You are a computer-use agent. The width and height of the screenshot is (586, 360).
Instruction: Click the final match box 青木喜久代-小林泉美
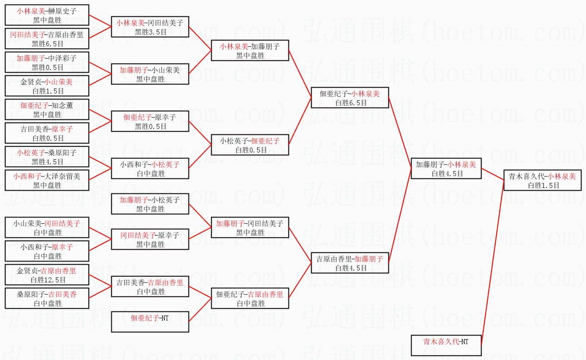tap(542, 180)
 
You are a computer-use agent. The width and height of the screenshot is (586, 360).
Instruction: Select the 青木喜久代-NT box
tap(446, 345)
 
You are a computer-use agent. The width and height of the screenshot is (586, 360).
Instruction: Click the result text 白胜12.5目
tap(47, 280)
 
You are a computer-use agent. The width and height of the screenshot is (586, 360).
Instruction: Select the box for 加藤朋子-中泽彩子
tap(47, 63)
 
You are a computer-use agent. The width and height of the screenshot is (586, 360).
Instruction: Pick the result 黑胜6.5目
tap(47, 44)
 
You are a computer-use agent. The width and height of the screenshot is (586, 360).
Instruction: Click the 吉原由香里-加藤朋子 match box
tap(350, 263)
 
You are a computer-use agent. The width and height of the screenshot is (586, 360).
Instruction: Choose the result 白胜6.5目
tap(350, 103)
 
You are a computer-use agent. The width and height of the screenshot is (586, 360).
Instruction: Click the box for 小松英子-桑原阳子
tap(47, 157)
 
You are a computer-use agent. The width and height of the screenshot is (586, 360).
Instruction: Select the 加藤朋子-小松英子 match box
tap(150, 204)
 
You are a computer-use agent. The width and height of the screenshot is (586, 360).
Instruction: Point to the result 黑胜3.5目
tap(150, 32)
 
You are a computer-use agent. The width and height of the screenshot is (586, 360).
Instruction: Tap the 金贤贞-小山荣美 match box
tap(47, 86)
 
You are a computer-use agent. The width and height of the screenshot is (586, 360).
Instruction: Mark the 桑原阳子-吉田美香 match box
tap(47, 298)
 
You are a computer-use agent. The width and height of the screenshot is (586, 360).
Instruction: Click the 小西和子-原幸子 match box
tap(47, 251)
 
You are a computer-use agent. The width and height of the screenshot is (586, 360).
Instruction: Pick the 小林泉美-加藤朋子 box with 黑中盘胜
tap(250, 50)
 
